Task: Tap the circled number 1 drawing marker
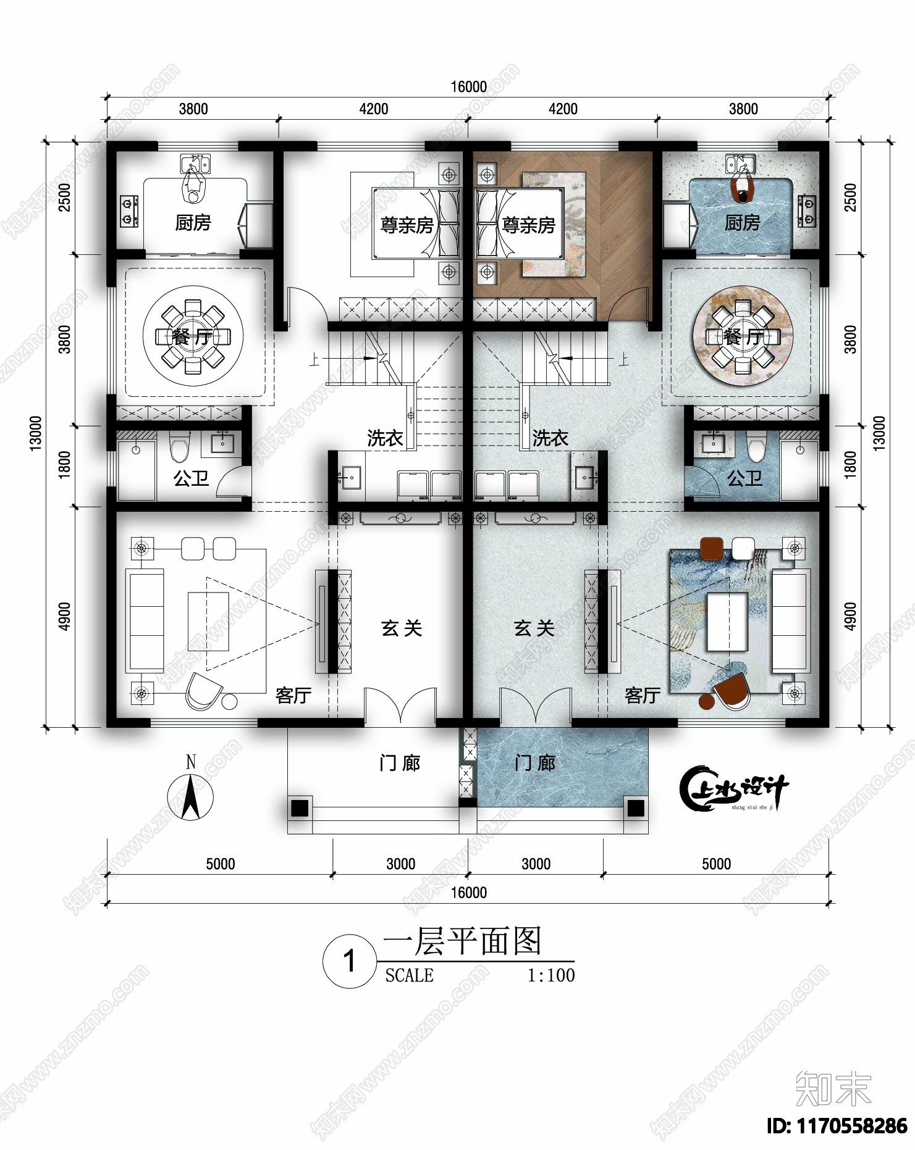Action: (x=350, y=961)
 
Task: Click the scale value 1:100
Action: (x=550, y=975)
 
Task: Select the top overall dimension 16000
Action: (x=468, y=87)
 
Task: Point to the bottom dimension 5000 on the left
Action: (x=220, y=864)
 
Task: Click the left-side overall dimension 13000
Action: (x=36, y=433)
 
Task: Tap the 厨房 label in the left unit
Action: (x=193, y=223)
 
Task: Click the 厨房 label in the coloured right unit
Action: (x=741, y=223)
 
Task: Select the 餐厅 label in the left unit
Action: (x=192, y=337)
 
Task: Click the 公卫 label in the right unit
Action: (x=744, y=478)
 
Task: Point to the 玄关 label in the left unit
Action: (x=402, y=628)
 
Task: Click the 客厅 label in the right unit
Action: (x=643, y=696)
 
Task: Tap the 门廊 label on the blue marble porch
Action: (x=535, y=764)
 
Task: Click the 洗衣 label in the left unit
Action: (x=385, y=438)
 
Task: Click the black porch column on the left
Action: (x=300, y=807)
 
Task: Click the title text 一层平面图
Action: (x=462, y=941)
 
